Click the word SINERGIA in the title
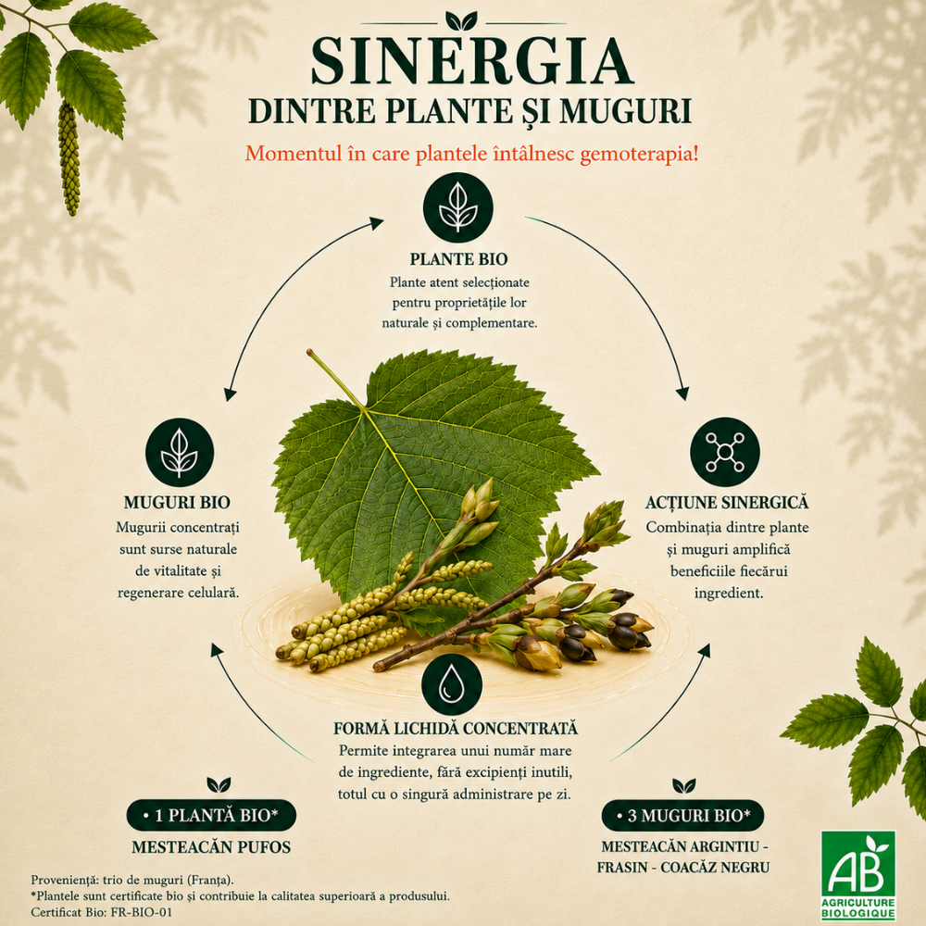[471, 61]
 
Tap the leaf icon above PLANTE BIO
[457, 207]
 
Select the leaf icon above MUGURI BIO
[180, 453]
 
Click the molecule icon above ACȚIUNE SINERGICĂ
[725, 453]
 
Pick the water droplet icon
[452, 684]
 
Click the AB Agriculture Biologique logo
[858, 875]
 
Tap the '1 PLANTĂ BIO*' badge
[211, 816]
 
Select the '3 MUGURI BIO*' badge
[682, 816]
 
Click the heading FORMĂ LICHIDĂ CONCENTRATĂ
[456, 728]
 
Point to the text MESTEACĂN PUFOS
[211, 847]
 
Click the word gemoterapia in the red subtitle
[640, 154]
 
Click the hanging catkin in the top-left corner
[69, 158]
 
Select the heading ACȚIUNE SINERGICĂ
[726, 503]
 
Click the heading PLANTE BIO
[459, 259]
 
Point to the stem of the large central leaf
[335, 379]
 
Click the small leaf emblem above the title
[461, 21]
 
